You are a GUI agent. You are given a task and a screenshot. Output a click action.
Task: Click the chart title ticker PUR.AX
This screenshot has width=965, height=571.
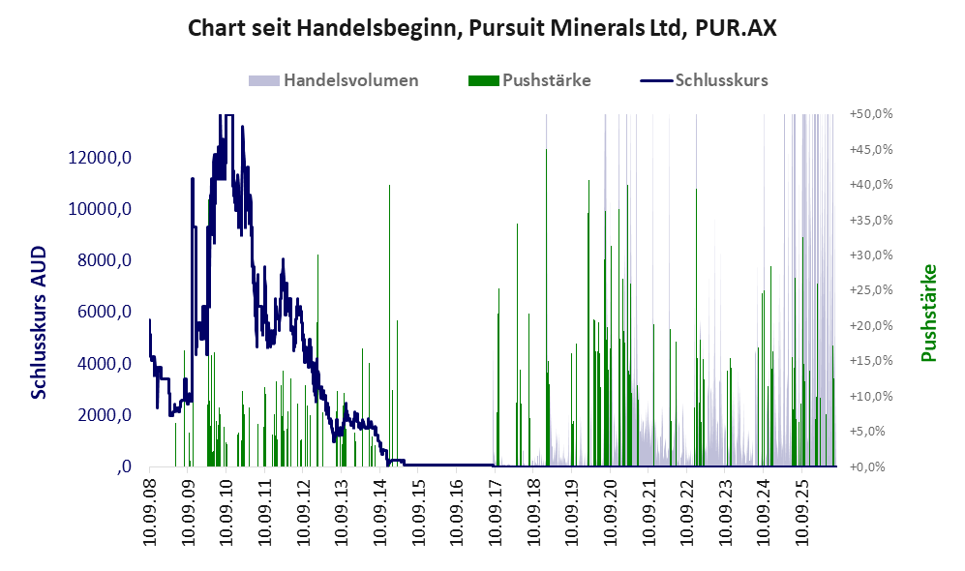(736, 28)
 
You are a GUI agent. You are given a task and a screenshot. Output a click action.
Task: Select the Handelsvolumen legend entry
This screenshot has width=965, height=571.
(334, 80)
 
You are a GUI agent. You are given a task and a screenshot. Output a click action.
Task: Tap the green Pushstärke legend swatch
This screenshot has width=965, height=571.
(483, 80)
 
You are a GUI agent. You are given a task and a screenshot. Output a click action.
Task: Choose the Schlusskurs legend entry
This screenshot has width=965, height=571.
(704, 80)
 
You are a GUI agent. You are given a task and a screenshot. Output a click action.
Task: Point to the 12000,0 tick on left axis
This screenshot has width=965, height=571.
(100, 158)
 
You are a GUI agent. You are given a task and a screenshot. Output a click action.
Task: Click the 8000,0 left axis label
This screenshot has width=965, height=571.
(104, 261)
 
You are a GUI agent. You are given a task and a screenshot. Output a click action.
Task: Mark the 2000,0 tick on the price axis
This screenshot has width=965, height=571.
(104, 415)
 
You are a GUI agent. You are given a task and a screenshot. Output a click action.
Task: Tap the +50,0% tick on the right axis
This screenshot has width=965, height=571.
(871, 114)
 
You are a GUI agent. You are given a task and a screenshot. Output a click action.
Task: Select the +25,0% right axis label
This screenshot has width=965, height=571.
(871, 290)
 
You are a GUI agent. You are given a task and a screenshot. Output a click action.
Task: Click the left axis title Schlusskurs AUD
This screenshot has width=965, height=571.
(38, 322)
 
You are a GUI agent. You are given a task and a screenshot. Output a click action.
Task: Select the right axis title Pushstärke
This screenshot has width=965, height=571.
(928, 314)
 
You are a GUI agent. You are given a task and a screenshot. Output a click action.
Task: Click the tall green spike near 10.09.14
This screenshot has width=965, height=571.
(389, 325)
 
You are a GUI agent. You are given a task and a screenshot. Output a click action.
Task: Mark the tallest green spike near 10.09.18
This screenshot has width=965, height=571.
(546, 308)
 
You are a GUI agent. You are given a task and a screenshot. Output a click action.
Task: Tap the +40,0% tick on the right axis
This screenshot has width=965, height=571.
(871, 185)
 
